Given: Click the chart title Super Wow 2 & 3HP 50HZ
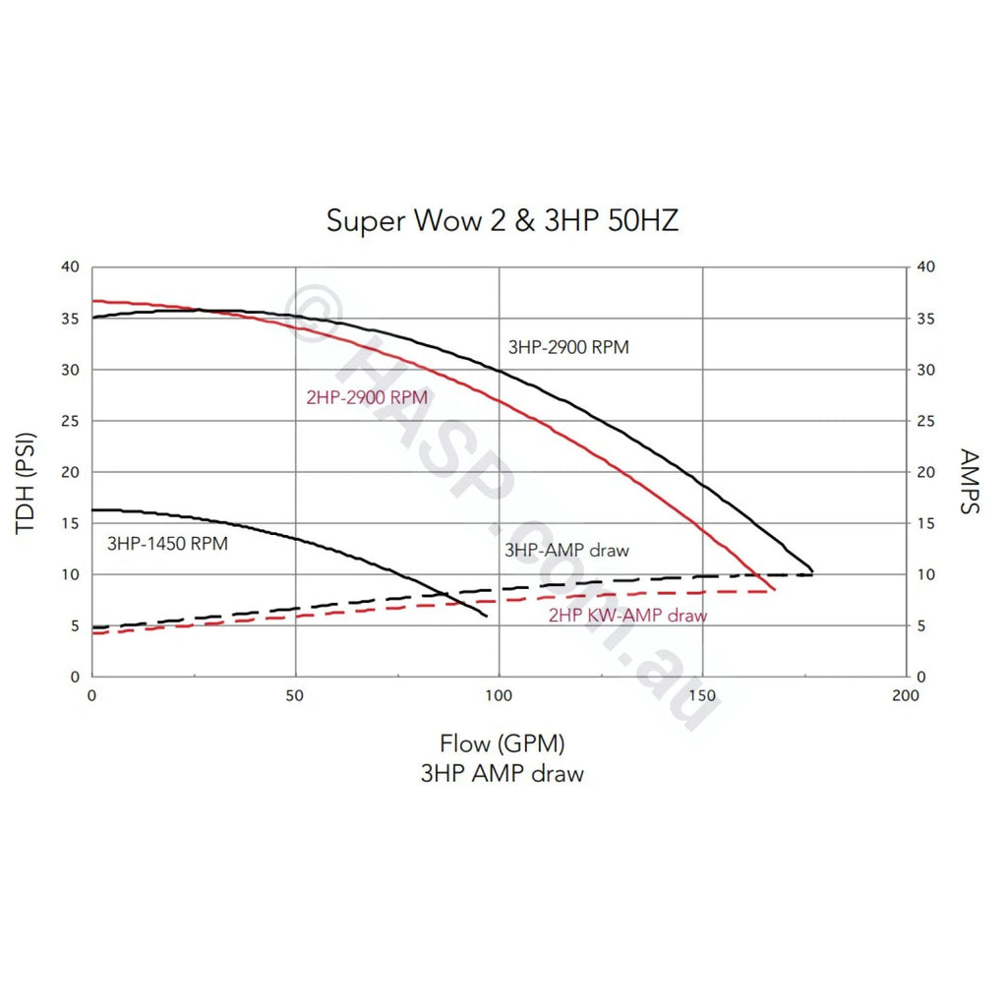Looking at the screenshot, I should click(x=503, y=220).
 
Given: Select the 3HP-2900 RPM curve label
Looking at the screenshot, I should click(x=568, y=347).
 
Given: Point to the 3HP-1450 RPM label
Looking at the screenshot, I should click(x=167, y=543).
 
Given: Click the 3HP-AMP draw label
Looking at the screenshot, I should click(x=566, y=551).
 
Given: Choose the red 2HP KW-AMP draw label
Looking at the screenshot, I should click(x=627, y=617).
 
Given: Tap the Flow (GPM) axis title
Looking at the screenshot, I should click(x=503, y=742).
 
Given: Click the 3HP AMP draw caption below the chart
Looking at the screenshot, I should click(x=503, y=773).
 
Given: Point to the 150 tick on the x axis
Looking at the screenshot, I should click(x=702, y=695).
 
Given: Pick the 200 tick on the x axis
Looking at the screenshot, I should click(x=905, y=695).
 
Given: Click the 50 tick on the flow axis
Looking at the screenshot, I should click(x=295, y=695).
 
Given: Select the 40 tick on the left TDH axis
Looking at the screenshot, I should click(x=69, y=267).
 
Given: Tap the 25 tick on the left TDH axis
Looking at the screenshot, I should click(x=69, y=421).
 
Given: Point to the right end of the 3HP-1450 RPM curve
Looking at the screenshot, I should click(x=487, y=617).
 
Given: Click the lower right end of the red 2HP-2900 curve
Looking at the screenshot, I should click(x=775, y=590).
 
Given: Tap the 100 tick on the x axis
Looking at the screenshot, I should click(x=499, y=695).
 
